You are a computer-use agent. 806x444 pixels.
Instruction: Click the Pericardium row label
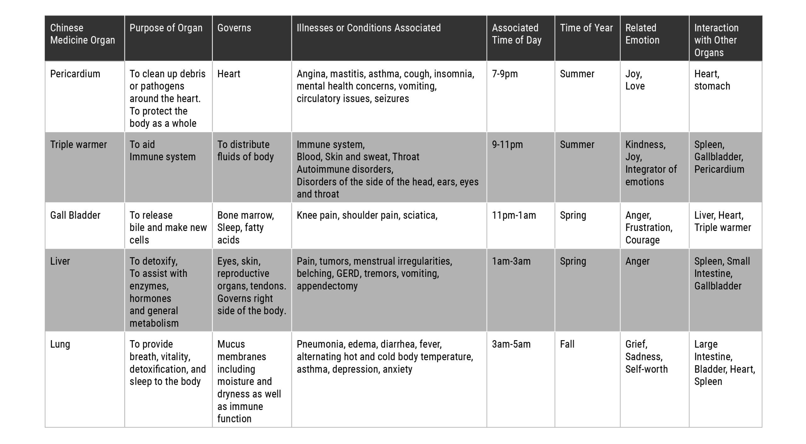pos(75,74)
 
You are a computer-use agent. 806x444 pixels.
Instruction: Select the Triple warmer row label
pos(78,145)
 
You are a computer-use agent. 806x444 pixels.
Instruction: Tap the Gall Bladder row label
pos(75,215)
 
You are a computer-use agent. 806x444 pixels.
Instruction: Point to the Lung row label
pos(60,344)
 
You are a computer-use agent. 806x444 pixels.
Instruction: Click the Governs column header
pos(234,28)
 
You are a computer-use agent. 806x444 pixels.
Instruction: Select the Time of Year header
pos(586,28)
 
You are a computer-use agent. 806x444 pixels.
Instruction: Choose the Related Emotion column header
pos(642,34)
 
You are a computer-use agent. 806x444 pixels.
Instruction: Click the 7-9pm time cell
pos(505,74)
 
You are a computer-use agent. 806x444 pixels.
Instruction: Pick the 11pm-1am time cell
pos(514,215)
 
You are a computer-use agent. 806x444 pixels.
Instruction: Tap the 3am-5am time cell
pos(511,344)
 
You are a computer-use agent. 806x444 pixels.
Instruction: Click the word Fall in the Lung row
pos(567,344)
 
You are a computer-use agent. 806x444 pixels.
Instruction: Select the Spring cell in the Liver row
pos(573,261)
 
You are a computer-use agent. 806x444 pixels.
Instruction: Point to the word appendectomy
pos(327,286)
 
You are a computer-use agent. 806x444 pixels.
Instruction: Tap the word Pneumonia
pos(321,344)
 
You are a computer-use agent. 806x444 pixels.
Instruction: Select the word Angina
pos(312,74)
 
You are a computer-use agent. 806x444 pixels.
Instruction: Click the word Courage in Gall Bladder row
pos(642,240)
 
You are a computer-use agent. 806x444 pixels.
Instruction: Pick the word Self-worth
pos(646,369)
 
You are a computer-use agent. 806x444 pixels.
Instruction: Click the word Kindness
pos(645,145)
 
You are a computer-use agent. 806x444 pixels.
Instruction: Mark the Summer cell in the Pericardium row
pos(577,74)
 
